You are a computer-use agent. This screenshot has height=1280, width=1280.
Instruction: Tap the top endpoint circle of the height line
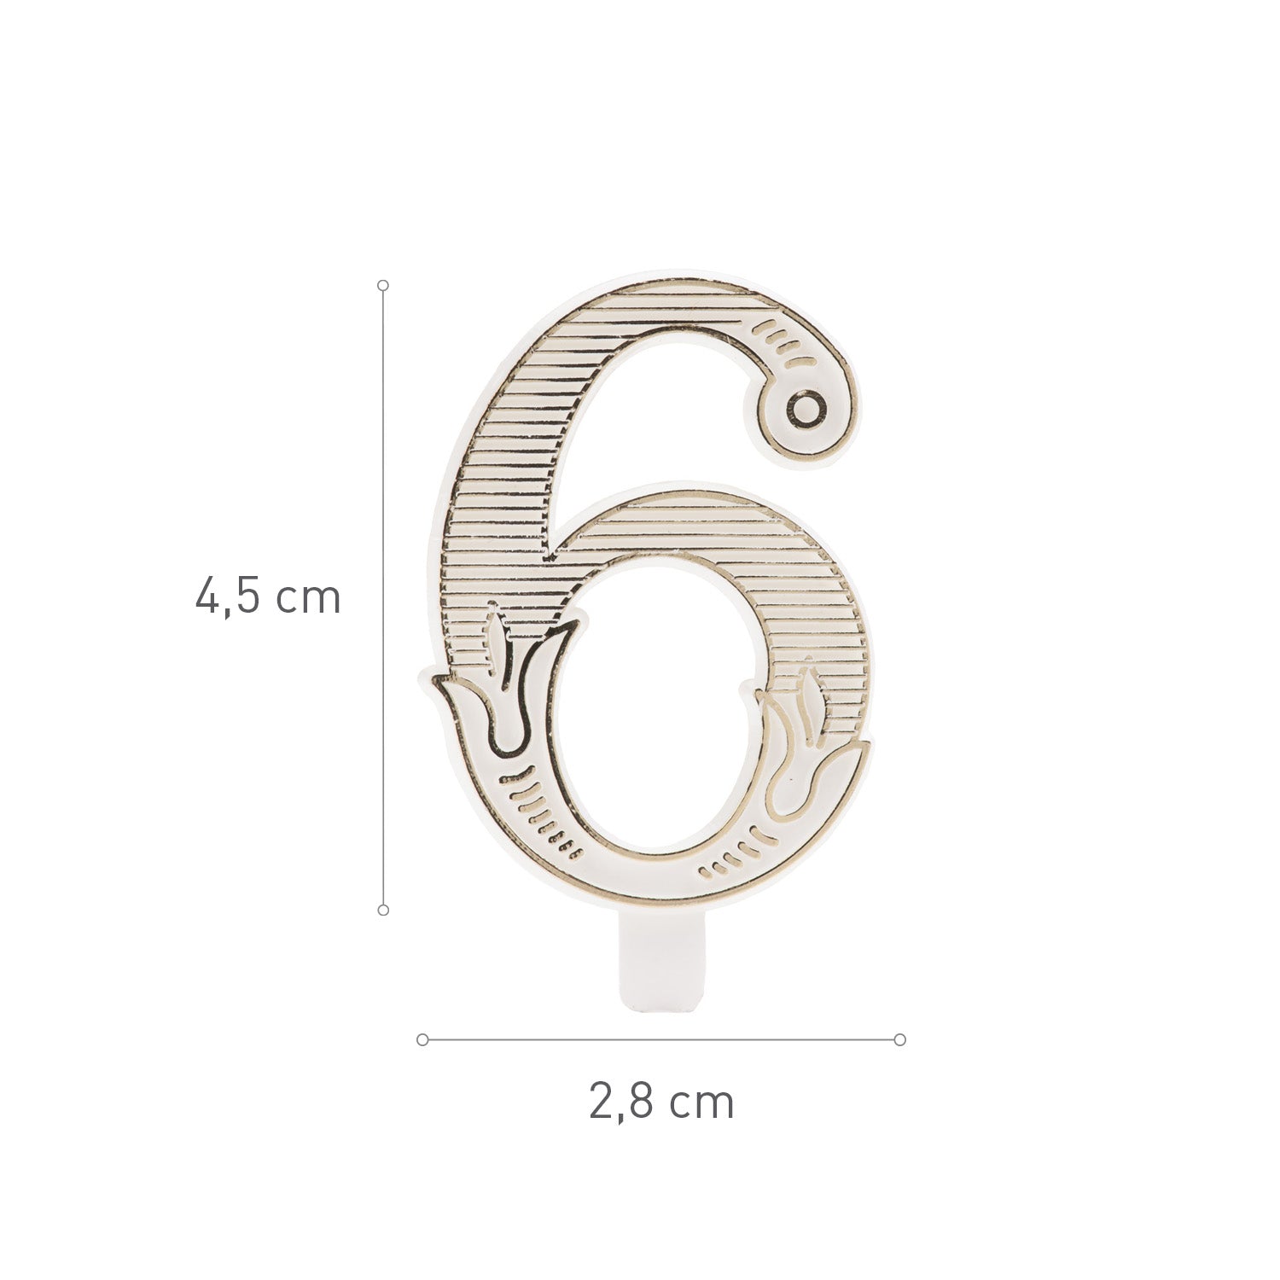383,285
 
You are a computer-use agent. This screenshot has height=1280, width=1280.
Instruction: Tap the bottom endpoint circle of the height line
383,911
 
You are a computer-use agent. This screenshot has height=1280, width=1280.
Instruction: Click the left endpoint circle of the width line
422,1039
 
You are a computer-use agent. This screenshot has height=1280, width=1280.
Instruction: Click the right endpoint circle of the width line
899,1039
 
